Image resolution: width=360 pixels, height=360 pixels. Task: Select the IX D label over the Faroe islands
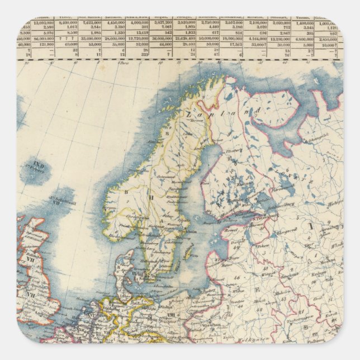tap(38, 165)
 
